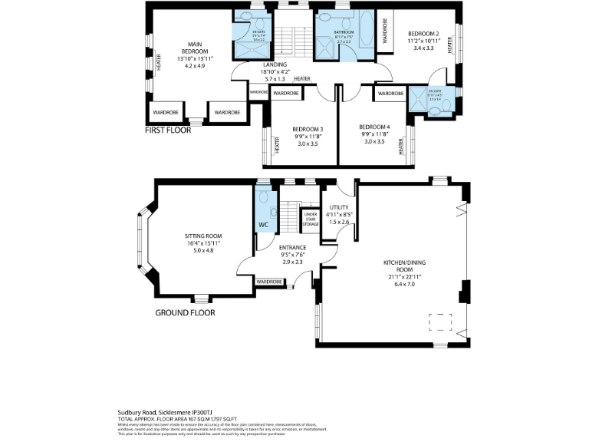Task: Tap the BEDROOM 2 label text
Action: [423, 34]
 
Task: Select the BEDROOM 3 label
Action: [307, 129]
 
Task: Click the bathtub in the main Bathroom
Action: [364, 31]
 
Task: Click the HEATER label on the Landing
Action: [301, 78]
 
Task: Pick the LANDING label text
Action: [275, 65]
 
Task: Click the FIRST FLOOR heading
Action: [168, 130]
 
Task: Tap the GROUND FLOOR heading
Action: [185, 312]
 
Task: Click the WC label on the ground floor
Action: [263, 225]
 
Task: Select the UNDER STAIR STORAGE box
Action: [311, 219]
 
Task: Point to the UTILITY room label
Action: [339, 208]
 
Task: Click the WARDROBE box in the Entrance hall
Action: [269, 282]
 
